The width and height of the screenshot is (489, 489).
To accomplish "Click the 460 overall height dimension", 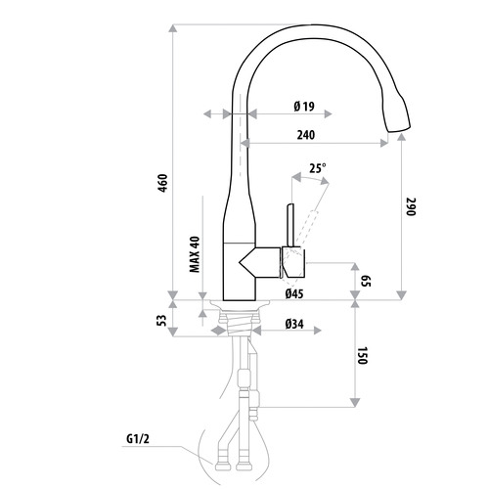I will [163, 183].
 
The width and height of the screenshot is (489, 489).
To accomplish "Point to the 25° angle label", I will [317, 168].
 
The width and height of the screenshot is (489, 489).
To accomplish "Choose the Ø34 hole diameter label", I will [292, 324].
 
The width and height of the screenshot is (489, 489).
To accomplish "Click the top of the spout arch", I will [313, 28].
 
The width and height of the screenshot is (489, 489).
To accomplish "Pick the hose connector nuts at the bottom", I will [239, 460].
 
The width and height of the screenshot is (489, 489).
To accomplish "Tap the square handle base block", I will [294, 261].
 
